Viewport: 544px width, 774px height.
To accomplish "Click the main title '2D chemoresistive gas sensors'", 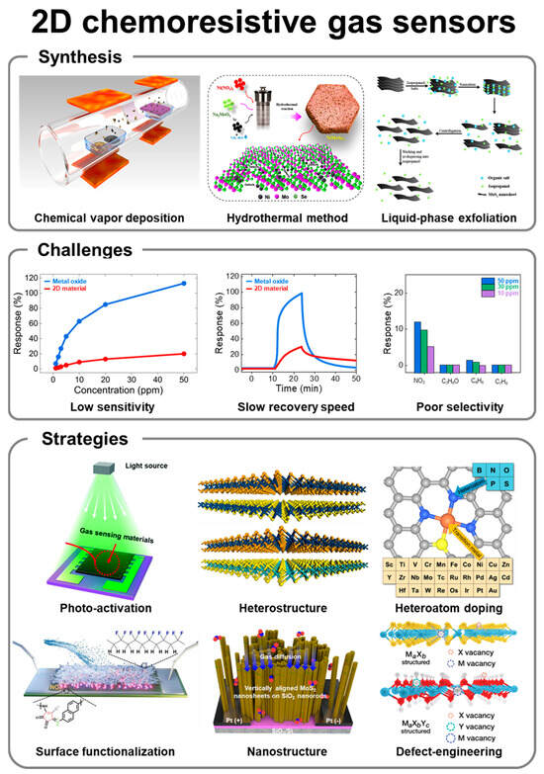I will coord(272,22).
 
